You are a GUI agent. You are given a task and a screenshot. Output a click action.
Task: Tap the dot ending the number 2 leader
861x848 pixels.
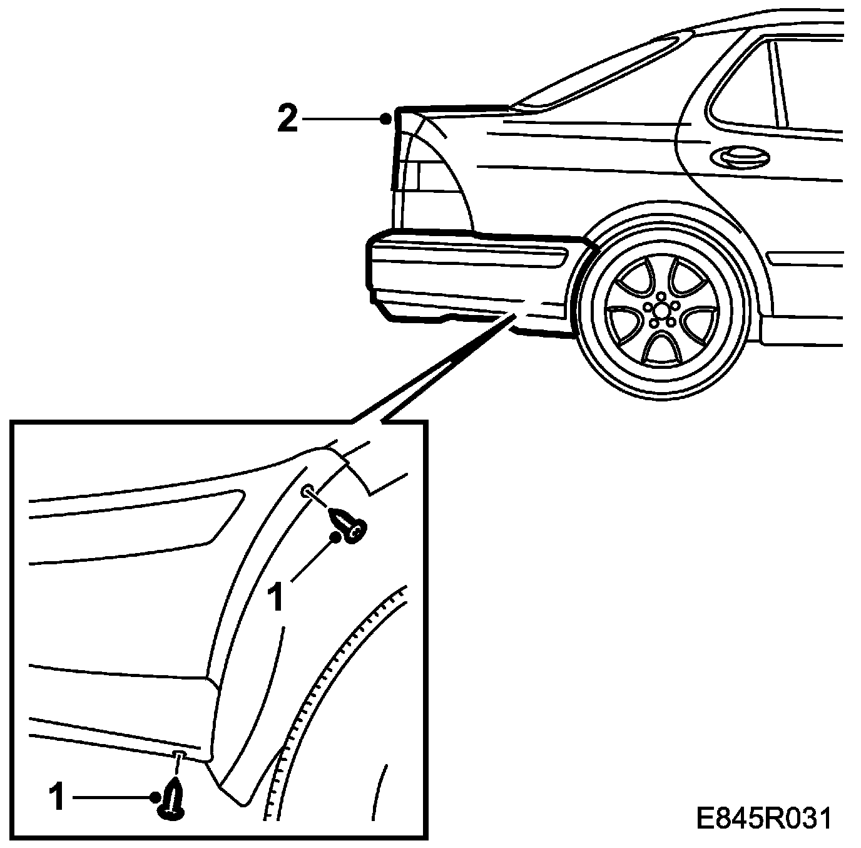[x=387, y=118]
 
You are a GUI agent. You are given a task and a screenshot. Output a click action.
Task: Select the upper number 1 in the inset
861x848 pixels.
[x=276, y=597]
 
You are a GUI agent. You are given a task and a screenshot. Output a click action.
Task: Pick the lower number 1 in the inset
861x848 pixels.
[x=57, y=798]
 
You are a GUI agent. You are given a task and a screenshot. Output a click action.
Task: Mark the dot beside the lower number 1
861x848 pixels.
[x=155, y=797]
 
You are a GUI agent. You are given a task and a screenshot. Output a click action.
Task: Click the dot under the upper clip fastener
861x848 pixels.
[x=337, y=537]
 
